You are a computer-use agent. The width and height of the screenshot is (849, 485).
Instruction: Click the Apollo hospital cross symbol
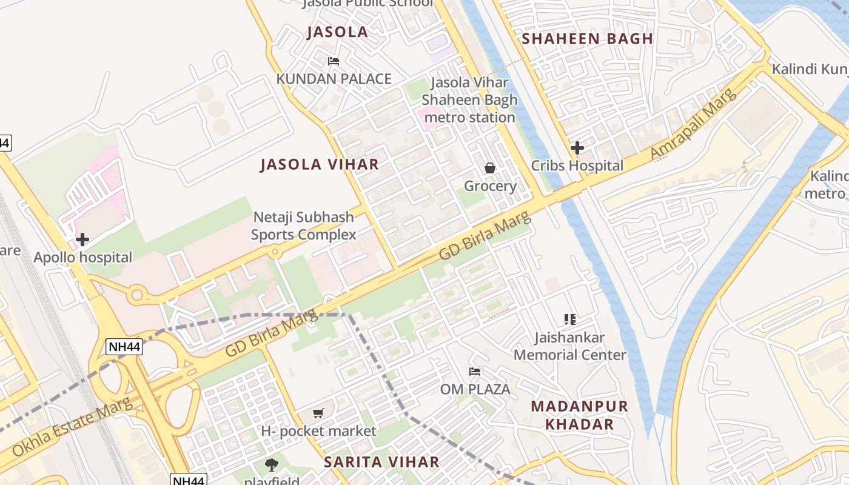[82, 239]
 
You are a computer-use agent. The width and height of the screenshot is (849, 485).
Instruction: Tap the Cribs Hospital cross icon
[577, 147]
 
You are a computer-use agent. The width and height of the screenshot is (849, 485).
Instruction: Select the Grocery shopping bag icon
[490, 168]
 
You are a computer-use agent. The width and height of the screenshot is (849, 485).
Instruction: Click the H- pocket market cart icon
[318, 413]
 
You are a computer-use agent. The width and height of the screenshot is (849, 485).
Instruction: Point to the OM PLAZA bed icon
[475, 371]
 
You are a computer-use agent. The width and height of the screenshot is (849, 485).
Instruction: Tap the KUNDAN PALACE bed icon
[333, 61]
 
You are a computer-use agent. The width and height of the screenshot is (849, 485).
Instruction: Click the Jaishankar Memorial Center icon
[569, 319]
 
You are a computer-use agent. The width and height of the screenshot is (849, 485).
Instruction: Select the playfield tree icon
[272, 465]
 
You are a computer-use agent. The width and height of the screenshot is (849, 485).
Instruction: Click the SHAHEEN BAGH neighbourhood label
[587, 39]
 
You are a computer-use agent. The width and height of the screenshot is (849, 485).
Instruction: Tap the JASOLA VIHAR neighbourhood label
[320, 164]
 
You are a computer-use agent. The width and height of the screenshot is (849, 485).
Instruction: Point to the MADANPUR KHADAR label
[579, 415]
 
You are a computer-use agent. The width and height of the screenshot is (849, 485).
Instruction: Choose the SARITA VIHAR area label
[381, 462]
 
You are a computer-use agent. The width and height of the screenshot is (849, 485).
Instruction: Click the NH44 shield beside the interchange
[124, 347]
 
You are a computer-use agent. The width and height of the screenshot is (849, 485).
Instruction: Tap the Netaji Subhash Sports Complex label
[303, 226]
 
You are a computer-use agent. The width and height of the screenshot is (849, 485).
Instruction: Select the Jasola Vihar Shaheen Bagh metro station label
[469, 100]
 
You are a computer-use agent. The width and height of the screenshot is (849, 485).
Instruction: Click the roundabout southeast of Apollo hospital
[137, 296]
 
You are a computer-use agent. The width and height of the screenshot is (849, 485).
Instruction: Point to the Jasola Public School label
[367, 3]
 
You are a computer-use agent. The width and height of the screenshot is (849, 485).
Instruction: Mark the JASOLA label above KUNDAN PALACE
[337, 32]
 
